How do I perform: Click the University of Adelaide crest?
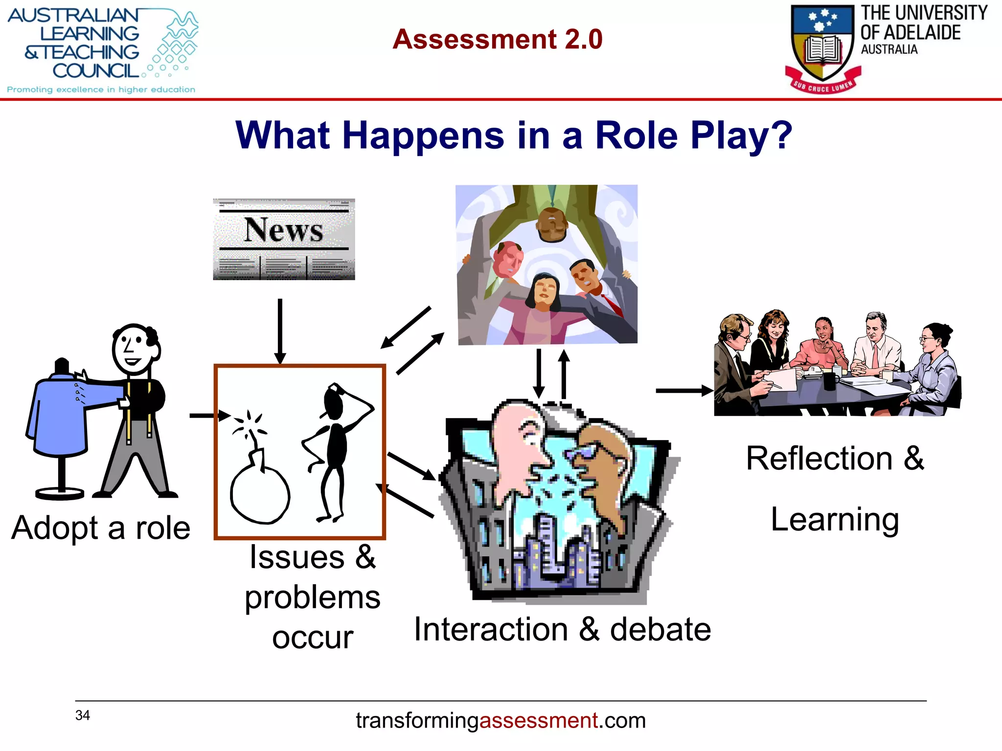click(x=823, y=46)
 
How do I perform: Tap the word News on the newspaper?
click(x=283, y=229)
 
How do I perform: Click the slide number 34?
click(x=82, y=715)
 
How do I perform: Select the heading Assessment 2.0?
click(x=497, y=39)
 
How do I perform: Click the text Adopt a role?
click(x=101, y=528)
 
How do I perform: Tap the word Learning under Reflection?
click(x=835, y=519)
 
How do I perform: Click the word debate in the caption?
click(x=660, y=629)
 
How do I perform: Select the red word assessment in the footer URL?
click(x=538, y=721)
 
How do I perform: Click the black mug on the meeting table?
click(x=830, y=380)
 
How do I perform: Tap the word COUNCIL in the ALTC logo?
click(x=96, y=71)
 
